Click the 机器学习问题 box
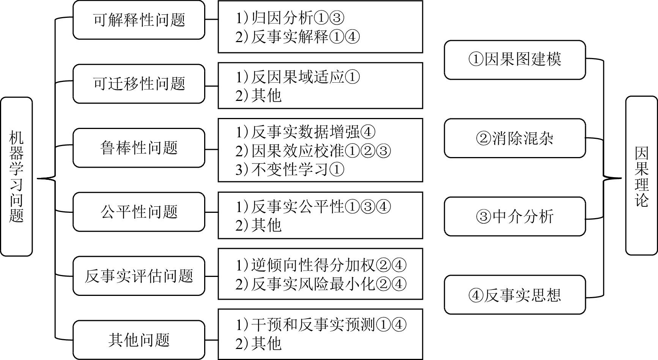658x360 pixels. pos(16,176)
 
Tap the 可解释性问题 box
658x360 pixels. pos(139,20)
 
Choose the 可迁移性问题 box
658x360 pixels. pos(139,84)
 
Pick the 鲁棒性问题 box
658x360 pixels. pos(139,148)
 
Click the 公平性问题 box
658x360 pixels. pos(139,212)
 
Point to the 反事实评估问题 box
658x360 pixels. pos(139,276)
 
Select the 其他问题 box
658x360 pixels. pos(139,340)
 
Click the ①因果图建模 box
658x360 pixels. pos(515,60)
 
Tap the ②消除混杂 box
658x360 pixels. pos(515,138)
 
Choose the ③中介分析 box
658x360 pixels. pos(515,216)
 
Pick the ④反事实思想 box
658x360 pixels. pos(515,295)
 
